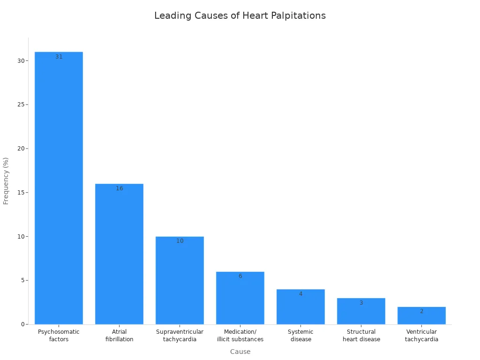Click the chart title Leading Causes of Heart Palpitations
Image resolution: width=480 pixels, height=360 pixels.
click(x=240, y=15)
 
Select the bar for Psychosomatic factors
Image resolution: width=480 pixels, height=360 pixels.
click(x=59, y=187)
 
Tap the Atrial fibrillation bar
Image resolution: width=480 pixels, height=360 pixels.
click(x=119, y=254)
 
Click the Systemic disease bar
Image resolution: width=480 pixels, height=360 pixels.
click(x=300, y=307)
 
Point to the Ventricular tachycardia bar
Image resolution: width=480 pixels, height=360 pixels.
click(x=421, y=315)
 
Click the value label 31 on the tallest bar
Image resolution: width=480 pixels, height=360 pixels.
click(x=59, y=57)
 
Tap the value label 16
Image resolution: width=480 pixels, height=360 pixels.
click(x=119, y=188)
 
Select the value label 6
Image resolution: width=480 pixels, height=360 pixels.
click(x=240, y=276)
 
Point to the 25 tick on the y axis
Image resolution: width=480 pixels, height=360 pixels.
click(x=21, y=105)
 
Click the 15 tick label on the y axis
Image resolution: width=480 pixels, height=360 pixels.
click(x=21, y=193)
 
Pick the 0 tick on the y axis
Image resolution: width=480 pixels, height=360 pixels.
click(x=22, y=324)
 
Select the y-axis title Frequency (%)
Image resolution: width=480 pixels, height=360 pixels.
click(x=6, y=181)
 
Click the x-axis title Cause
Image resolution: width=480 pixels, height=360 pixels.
click(x=240, y=352)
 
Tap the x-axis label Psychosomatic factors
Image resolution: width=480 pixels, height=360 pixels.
click(x=59, y=335)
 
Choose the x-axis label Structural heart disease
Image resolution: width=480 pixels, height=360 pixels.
click(x=361, y=335)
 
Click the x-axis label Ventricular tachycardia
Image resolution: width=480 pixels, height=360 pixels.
click(x=421, y=335)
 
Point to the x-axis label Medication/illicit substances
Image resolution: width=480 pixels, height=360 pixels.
click(x=240, y=335)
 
